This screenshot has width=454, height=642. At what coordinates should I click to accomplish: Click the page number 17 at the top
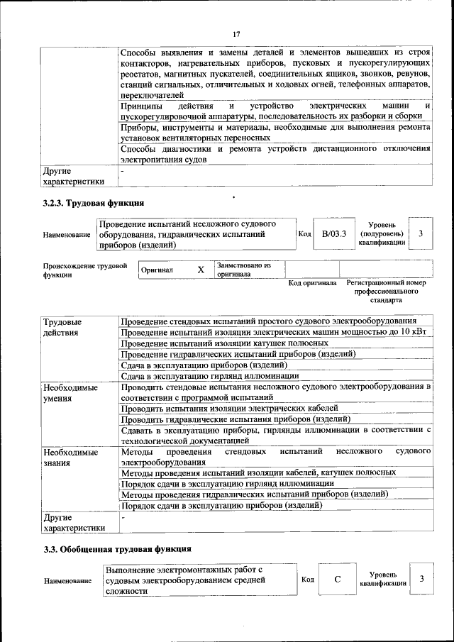[236, 34]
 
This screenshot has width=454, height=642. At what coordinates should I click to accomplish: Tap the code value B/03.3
[333, 234]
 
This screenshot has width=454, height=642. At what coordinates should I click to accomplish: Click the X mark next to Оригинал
[200, 270]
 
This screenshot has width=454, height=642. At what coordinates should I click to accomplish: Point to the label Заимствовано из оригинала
[244, 270]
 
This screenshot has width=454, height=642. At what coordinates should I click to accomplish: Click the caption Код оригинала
[312, 283]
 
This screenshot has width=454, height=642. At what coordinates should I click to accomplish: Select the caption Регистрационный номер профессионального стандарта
[387, 291]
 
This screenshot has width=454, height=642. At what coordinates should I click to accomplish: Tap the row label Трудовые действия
[62, 327]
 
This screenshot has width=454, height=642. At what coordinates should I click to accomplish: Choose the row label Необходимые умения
[70, 393]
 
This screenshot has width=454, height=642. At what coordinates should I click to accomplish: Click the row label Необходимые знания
[70, 457]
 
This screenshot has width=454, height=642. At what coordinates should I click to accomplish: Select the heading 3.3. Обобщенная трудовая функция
[117, 549]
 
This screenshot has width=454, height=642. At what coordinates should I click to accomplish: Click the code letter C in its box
[338, 580]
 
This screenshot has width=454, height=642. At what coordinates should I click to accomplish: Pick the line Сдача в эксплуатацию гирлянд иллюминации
[209, 375]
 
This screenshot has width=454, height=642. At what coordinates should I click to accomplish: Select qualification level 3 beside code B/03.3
[421, 234]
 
